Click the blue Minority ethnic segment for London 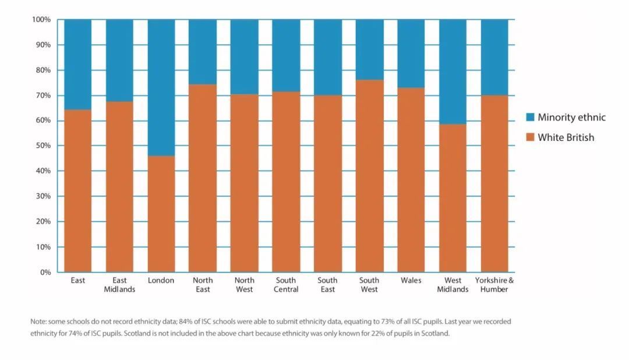pyautogui.click(x=161, y=87)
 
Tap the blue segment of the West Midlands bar pyautogui.click(x=453, y=71)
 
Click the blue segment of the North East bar pyautogui.click(x=203, y=52)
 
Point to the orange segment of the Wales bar pyautogui.click(x=411, y=180)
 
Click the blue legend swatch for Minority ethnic pyautogui.click(x=529, y=118)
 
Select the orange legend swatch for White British pyautogui.click(x=529, y=138)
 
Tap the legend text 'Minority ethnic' pyautogui.click(x=571, y=118)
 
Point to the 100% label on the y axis pyautogui.click(x=40, y=20)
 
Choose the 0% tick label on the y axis pyautogui.click(x=44, y=273)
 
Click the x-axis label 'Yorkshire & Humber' pyautogui.click(x=494, y=285)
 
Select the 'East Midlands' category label pyautogui.click(x=119, y=285)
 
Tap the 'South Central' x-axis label pyautogui.click(x=286, y=285)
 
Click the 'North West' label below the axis pyautogui.click(x=245, y=285)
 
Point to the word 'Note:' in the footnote pyautogui.click(x=39, y=322)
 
